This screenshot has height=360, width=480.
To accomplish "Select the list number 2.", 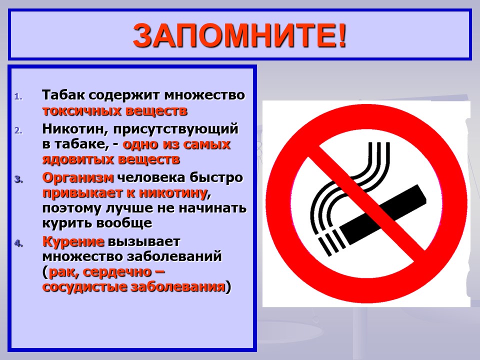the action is click(18, 130).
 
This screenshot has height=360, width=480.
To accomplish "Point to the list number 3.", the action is click(18, 179).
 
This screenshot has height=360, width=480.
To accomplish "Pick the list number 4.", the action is click(18, 243).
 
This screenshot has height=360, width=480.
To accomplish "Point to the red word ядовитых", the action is click(78, 159).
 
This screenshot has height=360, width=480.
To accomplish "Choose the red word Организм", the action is click(78, 178).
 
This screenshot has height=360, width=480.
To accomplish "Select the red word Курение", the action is click(73, 241).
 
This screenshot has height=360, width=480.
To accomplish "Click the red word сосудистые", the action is click(84, 287).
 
